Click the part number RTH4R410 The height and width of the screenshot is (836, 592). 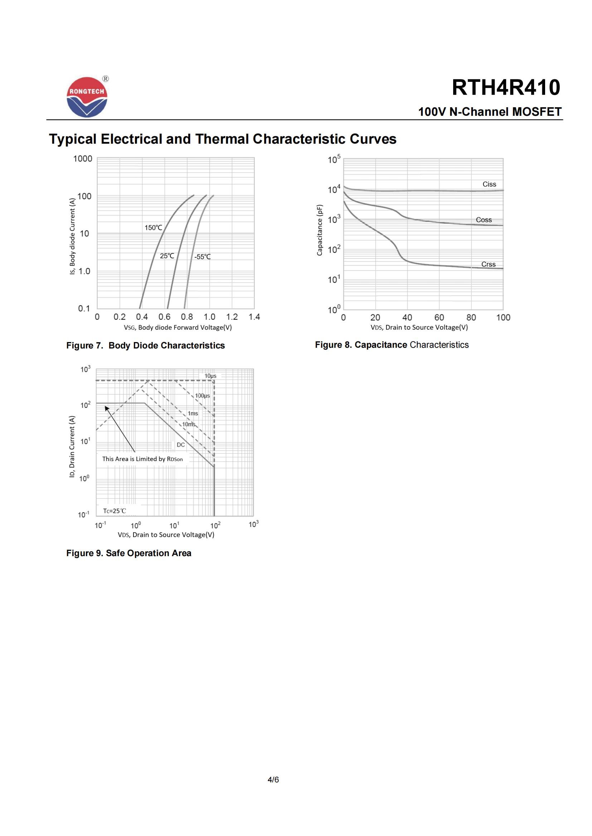tap(506, 88)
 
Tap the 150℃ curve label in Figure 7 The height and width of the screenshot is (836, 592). tap(154, 228)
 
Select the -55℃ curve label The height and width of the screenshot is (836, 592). tap(202, 257)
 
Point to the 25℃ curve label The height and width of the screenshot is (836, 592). tap(167, 256)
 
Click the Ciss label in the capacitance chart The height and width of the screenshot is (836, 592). tap(489, 184)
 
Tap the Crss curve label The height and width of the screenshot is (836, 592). tap(488, 264)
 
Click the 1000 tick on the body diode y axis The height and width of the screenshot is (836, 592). tap(83, 159)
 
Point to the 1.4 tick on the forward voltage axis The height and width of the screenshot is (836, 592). tap(254, 317)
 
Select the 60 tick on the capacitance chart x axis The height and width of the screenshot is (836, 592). tap(439, 317)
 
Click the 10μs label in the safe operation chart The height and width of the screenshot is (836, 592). tap(210, 376)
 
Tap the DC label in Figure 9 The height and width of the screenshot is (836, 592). tap(181, 445)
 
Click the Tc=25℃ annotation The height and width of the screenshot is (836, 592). tap(115, 511)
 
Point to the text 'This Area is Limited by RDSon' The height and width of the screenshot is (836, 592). tap(142, 459)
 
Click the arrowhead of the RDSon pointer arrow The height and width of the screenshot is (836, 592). tap(107, 408)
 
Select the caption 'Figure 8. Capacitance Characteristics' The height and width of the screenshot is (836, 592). tap(392, 345)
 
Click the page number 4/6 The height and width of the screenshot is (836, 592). tap(273, 780)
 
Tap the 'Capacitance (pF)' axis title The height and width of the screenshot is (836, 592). tap(320, 230)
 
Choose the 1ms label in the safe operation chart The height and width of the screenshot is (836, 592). tap(193, 414)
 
